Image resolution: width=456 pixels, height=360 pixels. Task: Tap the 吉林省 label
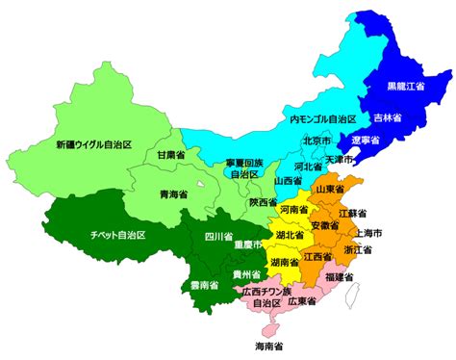pyautogui.click(x=389, y=118)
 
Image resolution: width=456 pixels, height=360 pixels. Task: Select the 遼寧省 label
pyautogui.click(x=367, y=141)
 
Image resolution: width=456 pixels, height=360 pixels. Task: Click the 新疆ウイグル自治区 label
pyautogui.click(x=91, y=145)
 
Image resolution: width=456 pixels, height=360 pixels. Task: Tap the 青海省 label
pyautogui.click(x=173, y=193)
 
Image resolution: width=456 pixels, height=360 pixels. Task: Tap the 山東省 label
pyautogui.click(x=358, y=190)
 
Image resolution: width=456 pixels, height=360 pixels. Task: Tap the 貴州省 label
pyautogui.click(x=248, y=274)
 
